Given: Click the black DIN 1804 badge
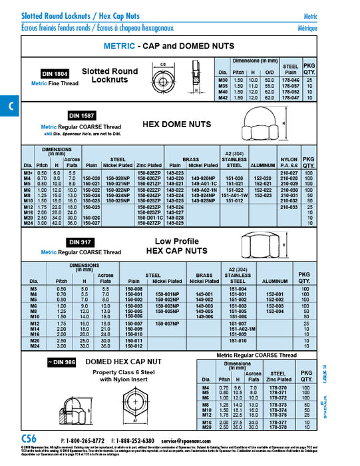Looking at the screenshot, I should (55, 74).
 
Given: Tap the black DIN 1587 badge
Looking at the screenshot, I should (81, 115).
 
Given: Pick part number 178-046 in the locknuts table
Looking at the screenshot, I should (290, 79).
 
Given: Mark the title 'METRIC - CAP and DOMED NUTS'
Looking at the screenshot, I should (169, 46).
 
